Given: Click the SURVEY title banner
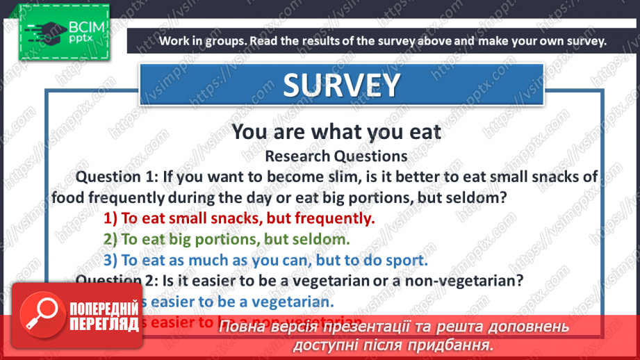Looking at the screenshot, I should click(x=341, y=85).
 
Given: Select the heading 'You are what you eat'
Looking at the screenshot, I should click(x=336, y=131).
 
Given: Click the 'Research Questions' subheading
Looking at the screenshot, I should click(x=336, y=155).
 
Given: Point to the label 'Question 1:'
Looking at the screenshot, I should click(x=117, y=177).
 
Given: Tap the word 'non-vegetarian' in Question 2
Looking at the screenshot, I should click(x=475, y=280).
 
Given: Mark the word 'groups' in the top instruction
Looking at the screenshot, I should click(x=218, y=40).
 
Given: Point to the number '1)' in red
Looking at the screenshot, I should click(x=110, y=218).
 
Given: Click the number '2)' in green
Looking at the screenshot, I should click(x=110, y=239).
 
